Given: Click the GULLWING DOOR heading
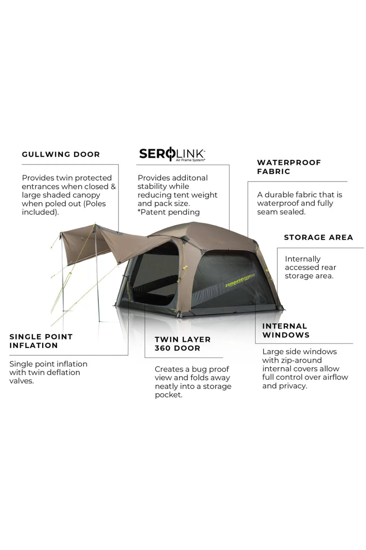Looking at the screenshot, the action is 61,154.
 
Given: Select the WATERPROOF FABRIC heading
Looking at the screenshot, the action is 289,167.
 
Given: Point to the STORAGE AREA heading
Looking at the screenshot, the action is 318,237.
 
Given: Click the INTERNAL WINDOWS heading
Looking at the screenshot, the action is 286,330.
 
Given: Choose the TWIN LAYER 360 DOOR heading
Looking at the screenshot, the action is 183,344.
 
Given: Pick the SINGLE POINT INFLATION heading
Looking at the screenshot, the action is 41,341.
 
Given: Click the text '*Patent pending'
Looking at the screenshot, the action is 169,212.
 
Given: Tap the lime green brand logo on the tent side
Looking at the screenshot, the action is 240,280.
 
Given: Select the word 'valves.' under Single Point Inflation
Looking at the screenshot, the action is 22,381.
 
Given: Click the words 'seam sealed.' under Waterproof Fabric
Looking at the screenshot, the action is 281,212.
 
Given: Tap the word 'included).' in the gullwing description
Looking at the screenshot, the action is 40,212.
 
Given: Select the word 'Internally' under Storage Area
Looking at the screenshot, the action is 303,259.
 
